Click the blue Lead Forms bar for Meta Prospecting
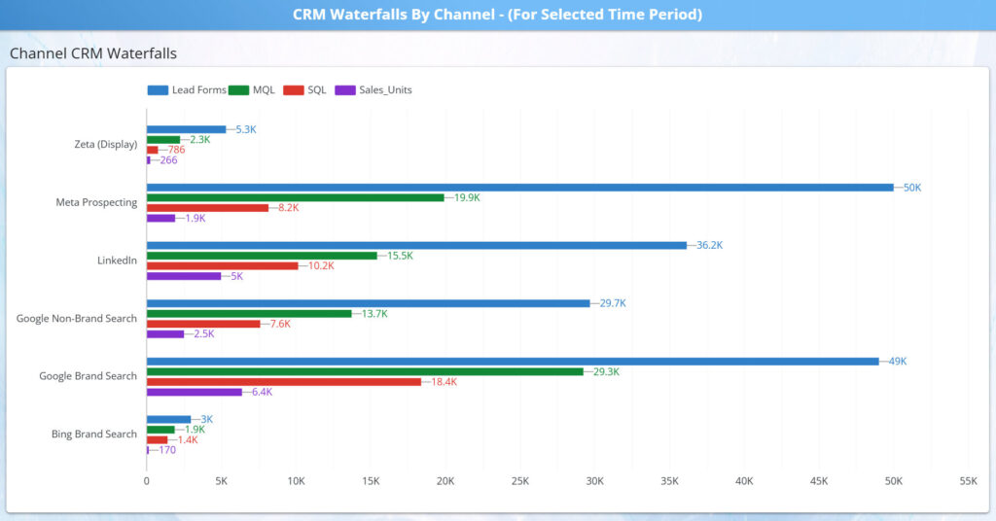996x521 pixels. pyautogui.click(x=519, y=188)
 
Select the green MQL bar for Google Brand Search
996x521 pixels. pyautogui.click(x=365, y=371)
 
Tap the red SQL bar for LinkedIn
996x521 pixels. pyautogui.click(x=222, y=265)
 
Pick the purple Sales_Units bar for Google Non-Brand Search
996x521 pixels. pyautogui.click(x=164, y=334)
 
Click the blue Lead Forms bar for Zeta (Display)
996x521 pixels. pyautogui.click(x=186, y=129)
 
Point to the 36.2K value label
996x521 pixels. pyautogui.click(x=710, y=245)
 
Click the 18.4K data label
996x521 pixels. pyautogui.click(x=444, y=382)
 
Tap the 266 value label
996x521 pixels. pyautogui.click(x=168, y=160)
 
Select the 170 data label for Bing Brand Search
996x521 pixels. pyautogui.click(x=165, y=450)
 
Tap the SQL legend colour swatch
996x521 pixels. pyautogui.click(x=293, y=90)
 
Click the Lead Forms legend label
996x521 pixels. pyautogui.click(x=198, y=90)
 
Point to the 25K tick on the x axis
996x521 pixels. pyautogui.click(x=520, y=481)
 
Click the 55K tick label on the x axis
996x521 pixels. pyautogui.click(x=968, y=481)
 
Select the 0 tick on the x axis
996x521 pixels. pyautogui.click(x=147, y=481)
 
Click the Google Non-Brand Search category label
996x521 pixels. pyautogui.click(x=77, y=319)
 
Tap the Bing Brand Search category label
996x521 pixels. pyautogui.click(x=93, y=434)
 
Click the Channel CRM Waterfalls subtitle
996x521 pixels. pyautogui.click(x=93, y=54)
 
